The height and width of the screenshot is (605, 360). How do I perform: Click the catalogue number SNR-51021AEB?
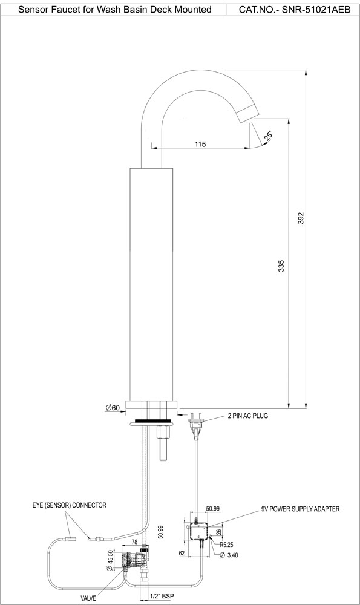pos(295,10)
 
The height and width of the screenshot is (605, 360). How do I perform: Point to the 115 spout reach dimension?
pos(201,144)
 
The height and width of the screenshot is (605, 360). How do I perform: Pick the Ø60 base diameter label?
pos(112,408)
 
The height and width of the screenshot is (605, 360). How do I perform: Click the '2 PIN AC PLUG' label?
pos(248,416)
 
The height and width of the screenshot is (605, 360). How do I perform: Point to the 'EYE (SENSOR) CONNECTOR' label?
pos(70,505)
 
